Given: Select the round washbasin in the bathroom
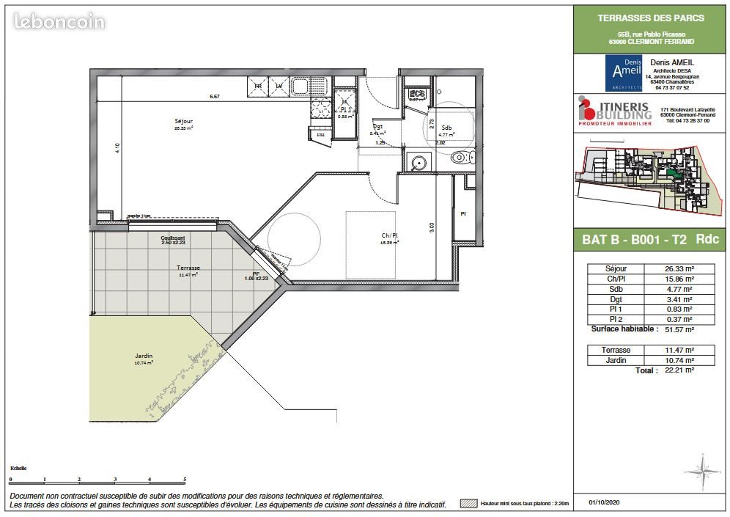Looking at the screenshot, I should click(419, 163).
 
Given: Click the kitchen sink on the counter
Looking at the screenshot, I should click(301, 88).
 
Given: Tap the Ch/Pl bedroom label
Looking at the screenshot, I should click(389, 236).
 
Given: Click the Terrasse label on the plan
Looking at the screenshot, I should click(188, 268).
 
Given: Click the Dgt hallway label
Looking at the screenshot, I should click(378, 127).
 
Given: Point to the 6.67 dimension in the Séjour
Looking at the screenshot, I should click(215, 96).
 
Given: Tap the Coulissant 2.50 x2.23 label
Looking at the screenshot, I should click(173, 240).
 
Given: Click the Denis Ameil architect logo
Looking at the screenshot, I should click(623, 72).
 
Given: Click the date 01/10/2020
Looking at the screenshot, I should click(604, 503).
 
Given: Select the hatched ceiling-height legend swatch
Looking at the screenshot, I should click(468, 504).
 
